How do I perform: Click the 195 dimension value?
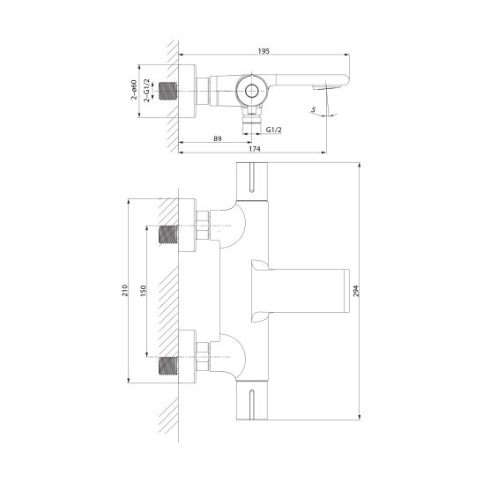(264, 51)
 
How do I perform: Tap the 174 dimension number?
(255, 149)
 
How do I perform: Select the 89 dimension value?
(218, 138)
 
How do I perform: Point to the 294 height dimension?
(356, 291)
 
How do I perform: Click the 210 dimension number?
(125, 291)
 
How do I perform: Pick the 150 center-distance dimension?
(143, 291)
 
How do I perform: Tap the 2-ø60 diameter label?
(134, 90)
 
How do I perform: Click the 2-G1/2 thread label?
(147, 90)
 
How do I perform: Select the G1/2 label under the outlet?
(273, 130)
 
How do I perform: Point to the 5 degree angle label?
(313, 109)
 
